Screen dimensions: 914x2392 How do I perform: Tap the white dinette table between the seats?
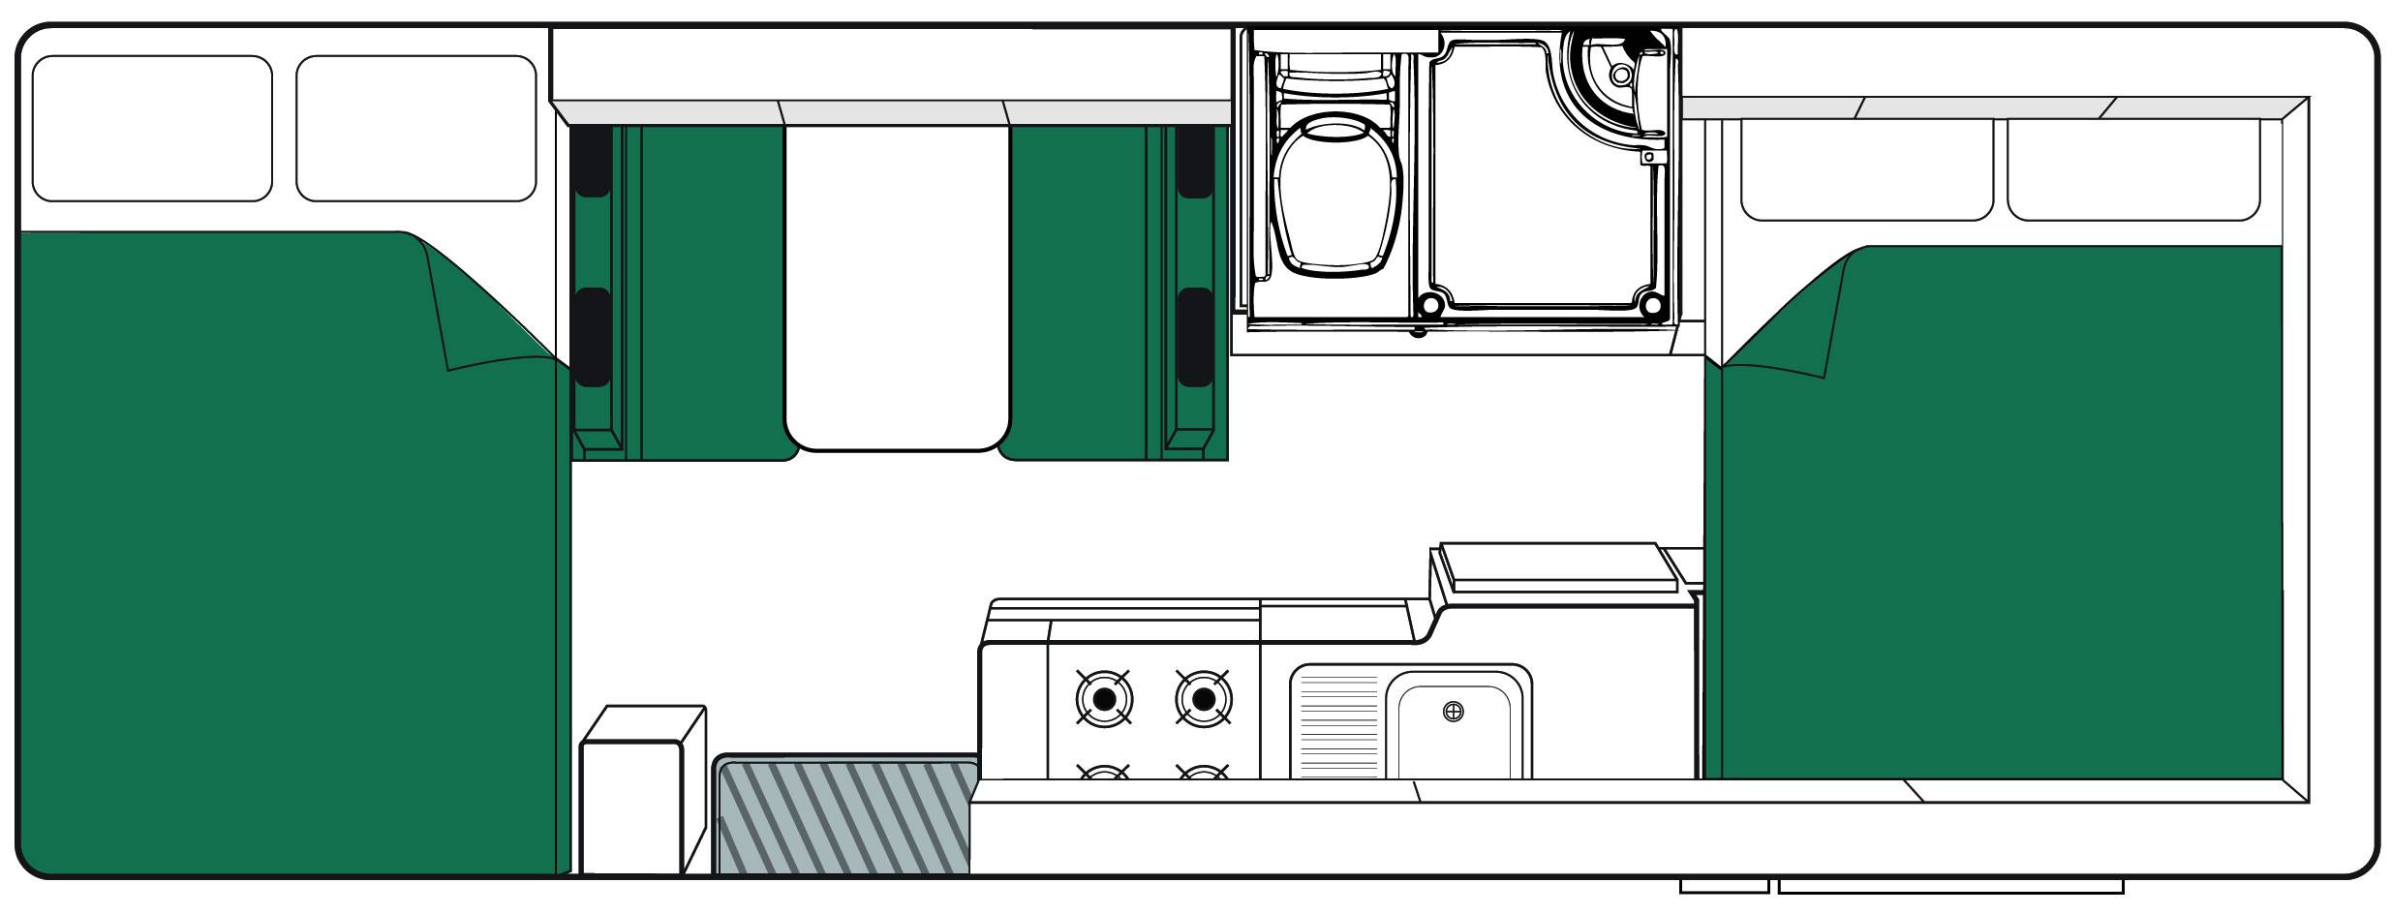point(897,286)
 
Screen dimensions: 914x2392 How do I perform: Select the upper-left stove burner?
point(1103,698)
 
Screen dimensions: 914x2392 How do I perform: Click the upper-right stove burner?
point(1203,698)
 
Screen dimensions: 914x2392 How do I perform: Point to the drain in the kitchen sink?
point(1453,713)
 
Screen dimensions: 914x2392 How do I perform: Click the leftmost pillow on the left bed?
point(152,128)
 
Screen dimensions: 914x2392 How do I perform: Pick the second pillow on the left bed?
point(415,128)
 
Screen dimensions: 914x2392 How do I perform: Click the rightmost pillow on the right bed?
point(2132,169)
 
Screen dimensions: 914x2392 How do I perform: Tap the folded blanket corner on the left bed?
point(484,310)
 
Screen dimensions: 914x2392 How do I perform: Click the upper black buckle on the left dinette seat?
point(592,161)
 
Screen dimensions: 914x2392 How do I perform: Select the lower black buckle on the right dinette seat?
point(1195,336)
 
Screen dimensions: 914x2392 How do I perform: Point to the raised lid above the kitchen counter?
point(1557,565)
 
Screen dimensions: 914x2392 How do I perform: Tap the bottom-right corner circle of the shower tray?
point(1653,307)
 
